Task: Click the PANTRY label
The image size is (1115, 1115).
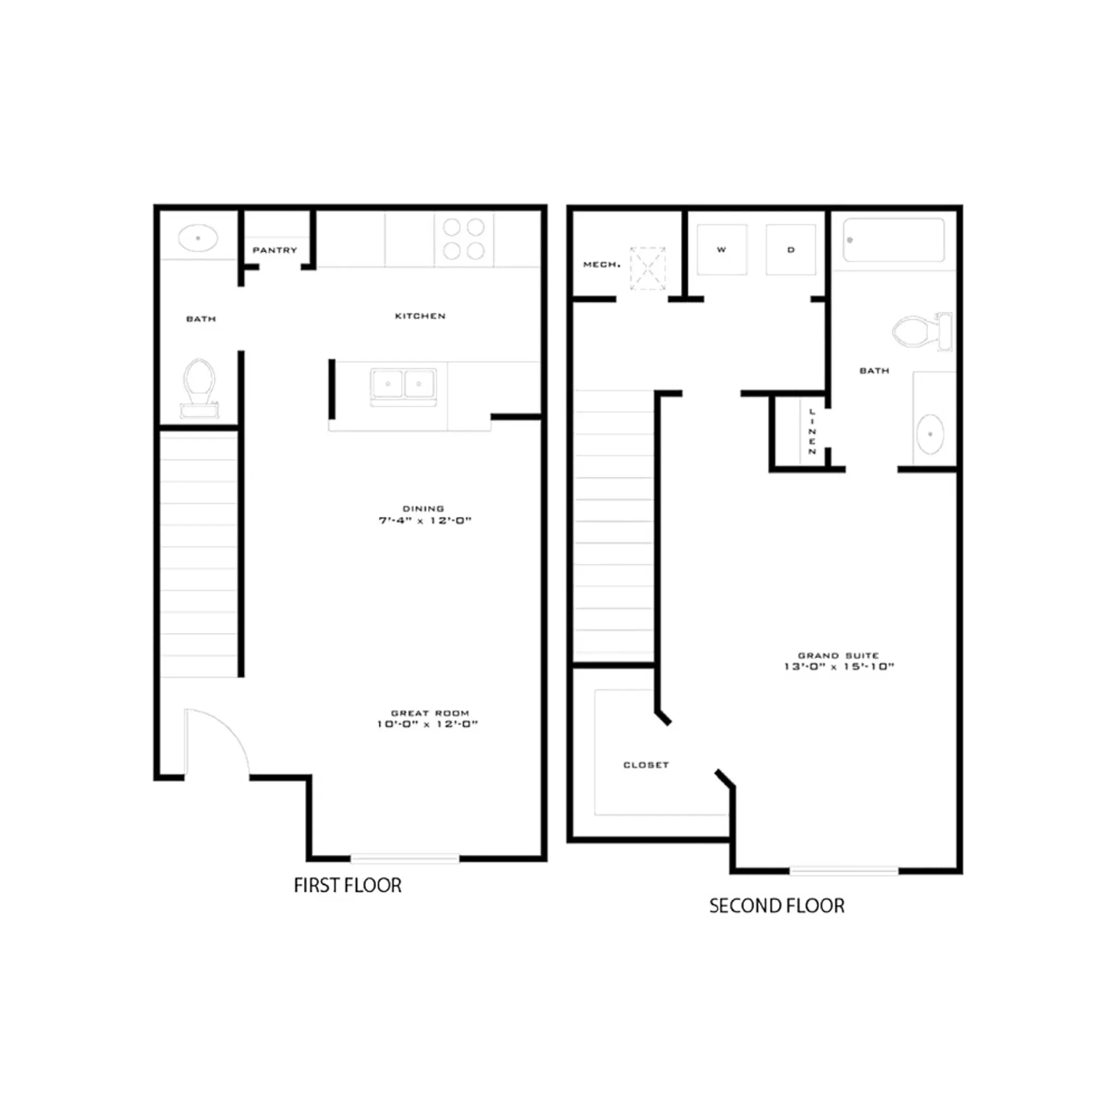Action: click(275, 250)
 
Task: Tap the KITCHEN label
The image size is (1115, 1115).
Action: click(420, 316)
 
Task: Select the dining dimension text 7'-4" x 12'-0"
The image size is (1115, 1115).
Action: click(425, 520)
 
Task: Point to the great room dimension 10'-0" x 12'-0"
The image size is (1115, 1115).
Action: click(427, 724)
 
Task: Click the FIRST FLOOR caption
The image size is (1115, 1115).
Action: click(347, 885)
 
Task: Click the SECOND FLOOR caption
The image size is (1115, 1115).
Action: click(777, 906)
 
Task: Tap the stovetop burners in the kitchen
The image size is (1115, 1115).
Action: click(463, 239)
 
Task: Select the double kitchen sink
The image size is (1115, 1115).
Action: click(403, 384)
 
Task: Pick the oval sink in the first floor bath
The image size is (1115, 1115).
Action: click(198, 238)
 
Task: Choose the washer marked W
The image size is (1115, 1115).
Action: click(721, 250)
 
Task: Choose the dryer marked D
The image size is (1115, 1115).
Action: click(791, 250)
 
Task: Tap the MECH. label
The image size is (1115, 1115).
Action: click(602, 264)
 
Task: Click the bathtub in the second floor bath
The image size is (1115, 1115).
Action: click(893, 240)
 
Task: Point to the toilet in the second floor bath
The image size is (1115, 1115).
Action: click(921, 331)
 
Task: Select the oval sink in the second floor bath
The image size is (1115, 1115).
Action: click(930, 434)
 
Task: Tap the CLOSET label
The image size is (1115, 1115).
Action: click(646, 765)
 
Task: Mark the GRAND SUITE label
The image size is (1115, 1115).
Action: click(838, 655)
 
